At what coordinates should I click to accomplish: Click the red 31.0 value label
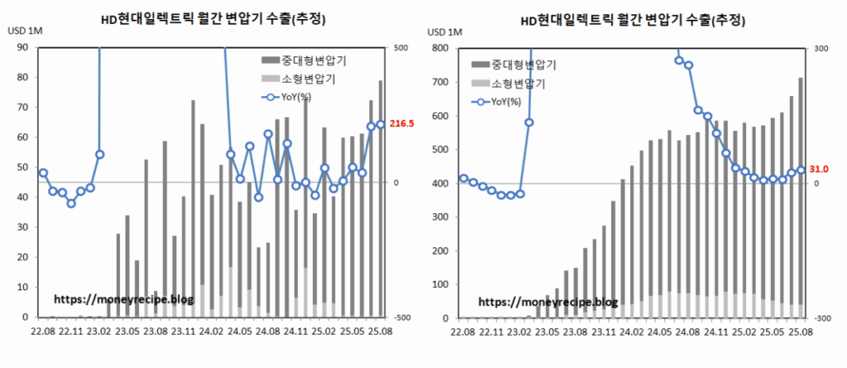tap(819, 169)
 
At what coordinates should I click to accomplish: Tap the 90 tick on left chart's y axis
tap(22, 48)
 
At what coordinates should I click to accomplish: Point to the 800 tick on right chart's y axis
tap(441, 48)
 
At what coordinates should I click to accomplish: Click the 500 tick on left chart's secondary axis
tap(402, 48)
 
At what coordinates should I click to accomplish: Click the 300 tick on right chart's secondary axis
tap(822, 48)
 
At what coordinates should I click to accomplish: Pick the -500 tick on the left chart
tap(404, 318)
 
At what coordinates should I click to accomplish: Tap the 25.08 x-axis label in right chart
tap(800, 332)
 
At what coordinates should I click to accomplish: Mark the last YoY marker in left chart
tap(380, 125)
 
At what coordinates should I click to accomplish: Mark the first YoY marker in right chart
tap(463, 179)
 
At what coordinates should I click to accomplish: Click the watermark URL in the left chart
tap(122, 299)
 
